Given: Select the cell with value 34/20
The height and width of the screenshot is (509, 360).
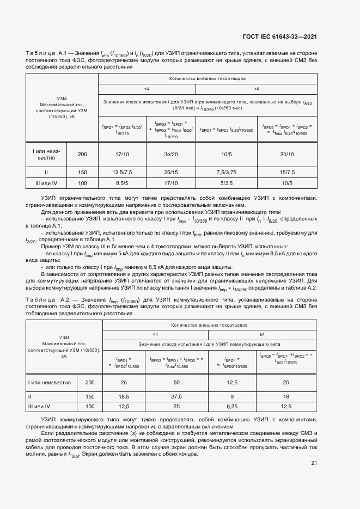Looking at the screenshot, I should (171, 155).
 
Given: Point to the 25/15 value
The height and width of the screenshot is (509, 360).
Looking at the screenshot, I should (171, 172).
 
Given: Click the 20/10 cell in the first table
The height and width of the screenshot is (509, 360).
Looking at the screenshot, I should (287, 155).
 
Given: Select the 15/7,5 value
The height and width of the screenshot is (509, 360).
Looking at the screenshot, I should (287, 172).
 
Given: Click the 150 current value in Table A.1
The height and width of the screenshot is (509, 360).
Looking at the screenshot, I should (82, 172).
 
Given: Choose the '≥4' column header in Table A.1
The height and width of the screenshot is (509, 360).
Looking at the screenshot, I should (256, 88).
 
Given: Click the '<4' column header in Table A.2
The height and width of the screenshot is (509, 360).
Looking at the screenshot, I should (155, 334).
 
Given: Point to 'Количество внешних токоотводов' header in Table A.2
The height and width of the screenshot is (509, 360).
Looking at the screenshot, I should (209, 324).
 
